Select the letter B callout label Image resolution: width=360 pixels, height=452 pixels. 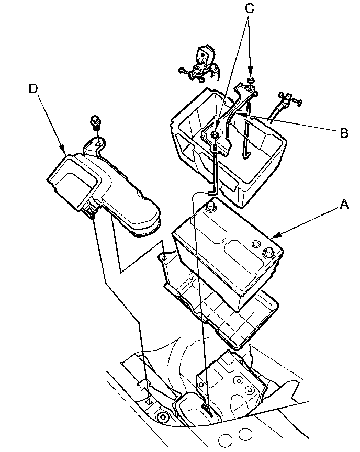pos(344,133)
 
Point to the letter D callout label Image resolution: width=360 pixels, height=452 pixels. pos(33,89)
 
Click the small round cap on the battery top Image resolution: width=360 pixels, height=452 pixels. pos(256,244)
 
